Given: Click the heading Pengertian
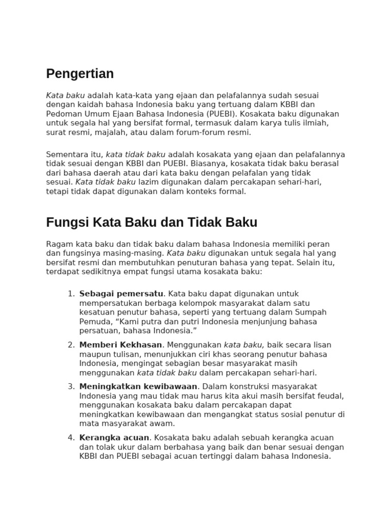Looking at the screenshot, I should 80,74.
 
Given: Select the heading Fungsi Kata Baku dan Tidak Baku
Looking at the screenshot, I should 152,223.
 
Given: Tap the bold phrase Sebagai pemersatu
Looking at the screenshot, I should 121,294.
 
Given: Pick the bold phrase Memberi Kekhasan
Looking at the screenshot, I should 120,345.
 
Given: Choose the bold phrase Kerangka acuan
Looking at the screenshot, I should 114,438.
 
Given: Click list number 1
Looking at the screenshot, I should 71,294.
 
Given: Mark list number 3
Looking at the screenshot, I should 71,387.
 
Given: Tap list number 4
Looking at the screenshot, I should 71,438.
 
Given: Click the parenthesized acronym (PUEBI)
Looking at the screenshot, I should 220,114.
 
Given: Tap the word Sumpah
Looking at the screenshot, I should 312,312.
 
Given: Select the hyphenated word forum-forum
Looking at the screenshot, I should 194,133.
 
